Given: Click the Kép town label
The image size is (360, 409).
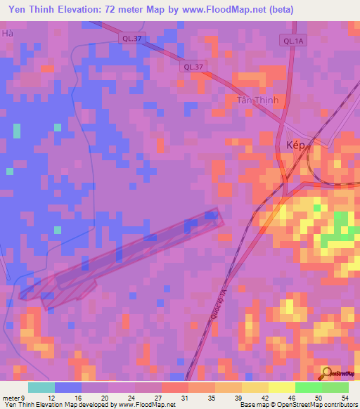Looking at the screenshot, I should (x=279, y=143).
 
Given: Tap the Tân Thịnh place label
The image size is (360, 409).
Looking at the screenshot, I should (x=257, y=100).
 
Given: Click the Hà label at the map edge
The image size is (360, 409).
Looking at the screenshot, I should (x=8, y=33).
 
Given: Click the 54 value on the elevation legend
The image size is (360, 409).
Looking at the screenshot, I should (x=344, y=398).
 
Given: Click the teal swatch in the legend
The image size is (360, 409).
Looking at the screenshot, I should (x=41, y=387).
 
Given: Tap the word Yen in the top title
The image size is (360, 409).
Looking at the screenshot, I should (x=17, y=9).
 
